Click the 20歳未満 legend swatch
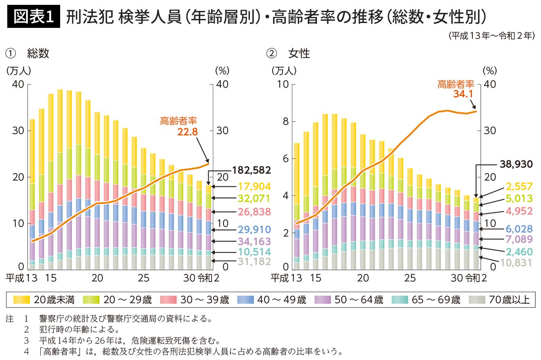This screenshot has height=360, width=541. point(22,300)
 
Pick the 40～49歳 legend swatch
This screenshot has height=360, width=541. point(246,300)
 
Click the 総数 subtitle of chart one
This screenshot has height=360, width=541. point(38,53)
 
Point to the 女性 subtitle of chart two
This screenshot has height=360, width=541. point(299,53)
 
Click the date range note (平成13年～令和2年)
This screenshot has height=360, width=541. point(491,36)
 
